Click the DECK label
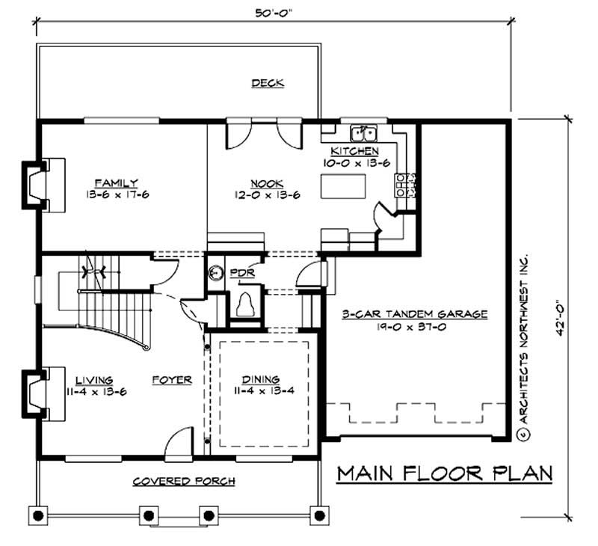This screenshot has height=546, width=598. [267, 83]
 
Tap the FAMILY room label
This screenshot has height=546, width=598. [116, 182]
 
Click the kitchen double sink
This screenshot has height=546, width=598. [366, 134]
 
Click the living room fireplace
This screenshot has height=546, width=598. [38, 392]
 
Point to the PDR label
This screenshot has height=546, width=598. [243, 273]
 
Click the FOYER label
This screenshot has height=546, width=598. [173, 379]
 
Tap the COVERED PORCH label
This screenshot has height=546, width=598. [184, 481]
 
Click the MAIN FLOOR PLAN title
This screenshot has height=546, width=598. [444, 473]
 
